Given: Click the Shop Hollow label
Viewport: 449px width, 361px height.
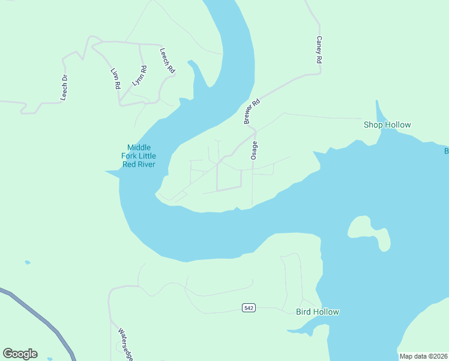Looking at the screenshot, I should pyautogui.click(x=387, y=125).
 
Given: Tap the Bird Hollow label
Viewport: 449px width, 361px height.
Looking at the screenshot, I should pyautogui.click(x=318, y=312).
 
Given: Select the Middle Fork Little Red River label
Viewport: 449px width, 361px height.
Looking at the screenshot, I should pyautogui.click(x=138, y=156).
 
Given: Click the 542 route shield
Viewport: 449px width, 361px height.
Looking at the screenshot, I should pyautogui.click(x=249, y=308).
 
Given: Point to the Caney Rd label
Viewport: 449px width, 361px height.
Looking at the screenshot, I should pyautogui.click(x=319, y=50).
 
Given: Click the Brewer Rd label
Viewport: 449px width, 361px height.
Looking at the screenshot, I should pyautogui.click(x=252, y=111).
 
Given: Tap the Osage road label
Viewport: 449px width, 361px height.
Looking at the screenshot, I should pyautogui.click(x=255, y=150).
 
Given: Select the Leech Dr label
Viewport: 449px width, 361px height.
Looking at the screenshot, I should pyautogui.click(x=65, y=87).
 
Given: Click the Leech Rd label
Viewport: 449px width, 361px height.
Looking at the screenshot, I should pyautogui.click(x=167, y=61).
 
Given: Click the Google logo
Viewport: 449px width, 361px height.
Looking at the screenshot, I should pyautogui.click(x=20, y=354).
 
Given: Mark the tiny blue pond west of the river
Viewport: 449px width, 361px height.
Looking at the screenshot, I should pyautogui.click(x=27, y=262).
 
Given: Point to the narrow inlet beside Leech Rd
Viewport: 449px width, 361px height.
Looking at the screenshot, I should pyautogui.click(x=197, y=75).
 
